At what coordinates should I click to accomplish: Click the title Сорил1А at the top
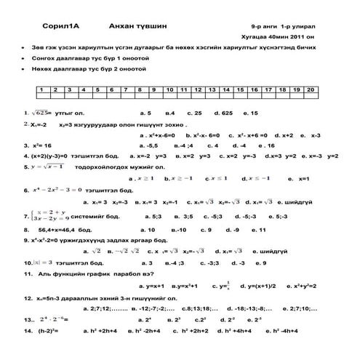51,23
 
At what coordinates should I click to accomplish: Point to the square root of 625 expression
36,114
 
